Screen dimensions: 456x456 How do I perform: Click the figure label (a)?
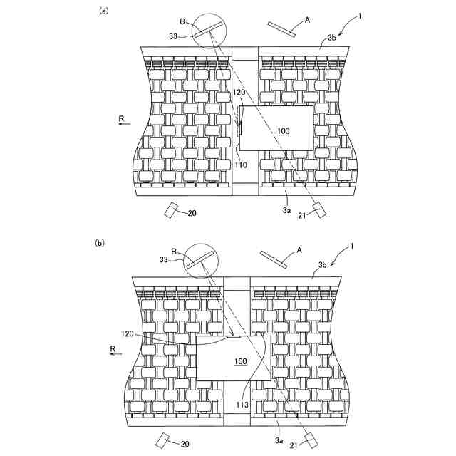[x=103, y=11]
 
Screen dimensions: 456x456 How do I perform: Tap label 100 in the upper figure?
[x=284, y=131]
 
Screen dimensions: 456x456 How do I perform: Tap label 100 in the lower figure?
[x=241, y=362]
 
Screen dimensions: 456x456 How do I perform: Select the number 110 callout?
[x=240, y=165]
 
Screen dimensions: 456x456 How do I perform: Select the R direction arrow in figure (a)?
[x=124, y=123]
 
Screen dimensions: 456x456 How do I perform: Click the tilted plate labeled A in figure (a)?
[x=284, y=27]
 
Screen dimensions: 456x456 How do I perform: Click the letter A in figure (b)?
[x=299, y=249]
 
